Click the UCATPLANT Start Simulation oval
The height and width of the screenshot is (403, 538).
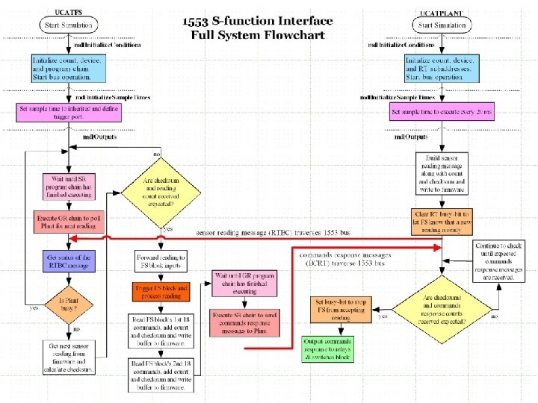click(443, 25)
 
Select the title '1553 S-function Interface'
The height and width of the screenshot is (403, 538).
click(258, 21)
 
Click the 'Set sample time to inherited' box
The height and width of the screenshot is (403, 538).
click(68, 113)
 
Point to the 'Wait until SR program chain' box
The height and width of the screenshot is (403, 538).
click(69, 187)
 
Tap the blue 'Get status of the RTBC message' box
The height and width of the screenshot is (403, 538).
click(69, 262)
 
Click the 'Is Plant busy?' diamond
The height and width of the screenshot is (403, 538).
click(69, 306)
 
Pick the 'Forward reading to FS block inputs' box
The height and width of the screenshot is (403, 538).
click(161, 262)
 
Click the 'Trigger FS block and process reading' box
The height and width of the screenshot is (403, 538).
click(161, 291)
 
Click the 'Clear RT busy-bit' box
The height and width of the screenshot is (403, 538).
click(442, 222)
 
